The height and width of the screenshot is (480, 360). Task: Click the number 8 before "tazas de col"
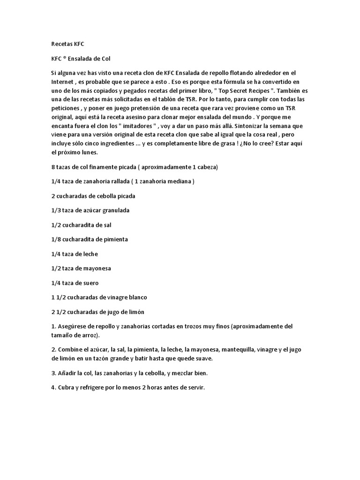pyautogui.click(x=53, y=167)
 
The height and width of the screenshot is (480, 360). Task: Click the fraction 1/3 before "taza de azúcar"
pyautogui.click(x=56, y=210)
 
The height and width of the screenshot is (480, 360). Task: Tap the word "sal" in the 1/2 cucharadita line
pyautogui.click(x=107, y=225)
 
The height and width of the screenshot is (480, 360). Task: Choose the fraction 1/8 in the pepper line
pyautogui.click(x=56, y=240)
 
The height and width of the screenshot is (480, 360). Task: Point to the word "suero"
pyautogui.click(x=90, y=283)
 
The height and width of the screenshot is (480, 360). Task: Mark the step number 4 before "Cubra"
pyautogui.click(x=53, y=388)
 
